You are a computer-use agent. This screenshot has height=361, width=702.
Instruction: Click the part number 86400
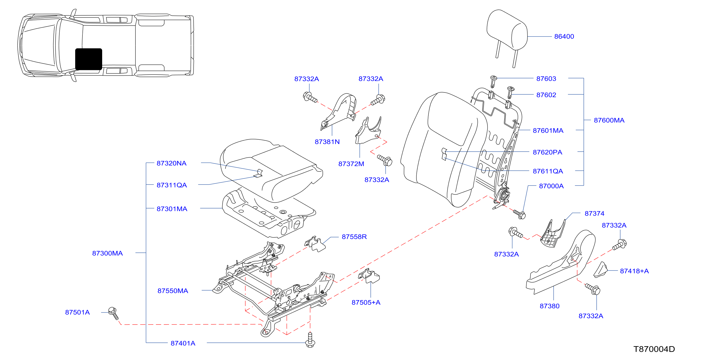564,36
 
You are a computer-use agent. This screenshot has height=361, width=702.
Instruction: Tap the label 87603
546,79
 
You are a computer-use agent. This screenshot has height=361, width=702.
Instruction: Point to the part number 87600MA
609,120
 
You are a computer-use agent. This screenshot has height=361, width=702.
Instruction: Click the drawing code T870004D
654,349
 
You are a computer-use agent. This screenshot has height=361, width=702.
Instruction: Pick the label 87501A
77,312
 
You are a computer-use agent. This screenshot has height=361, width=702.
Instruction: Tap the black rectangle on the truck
89,59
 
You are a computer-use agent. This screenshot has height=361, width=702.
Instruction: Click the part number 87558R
354,237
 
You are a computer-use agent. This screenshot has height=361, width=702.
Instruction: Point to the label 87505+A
366,302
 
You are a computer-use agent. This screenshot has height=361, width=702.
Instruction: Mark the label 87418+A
634,271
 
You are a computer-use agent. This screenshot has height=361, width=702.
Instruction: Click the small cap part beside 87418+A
600,270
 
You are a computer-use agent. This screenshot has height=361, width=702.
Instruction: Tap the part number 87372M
351,164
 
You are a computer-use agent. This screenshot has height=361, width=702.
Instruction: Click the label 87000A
551,186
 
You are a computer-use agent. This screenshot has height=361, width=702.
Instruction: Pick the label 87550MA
173,291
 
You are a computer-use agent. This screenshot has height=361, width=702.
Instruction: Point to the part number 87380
550,306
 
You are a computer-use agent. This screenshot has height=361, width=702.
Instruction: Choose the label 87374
594,214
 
